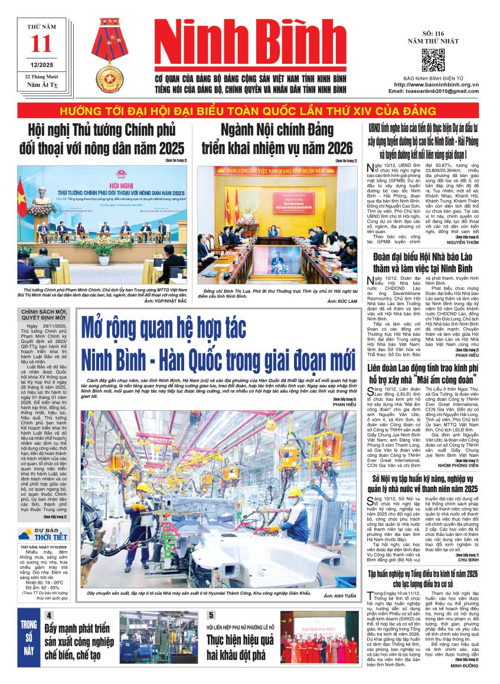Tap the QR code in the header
point(433,61)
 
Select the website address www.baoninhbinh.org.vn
point(436,85)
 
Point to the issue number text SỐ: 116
point(433,33)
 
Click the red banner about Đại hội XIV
point(251,112)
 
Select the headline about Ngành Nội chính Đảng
point(276,138)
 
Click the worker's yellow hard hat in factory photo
point(143,488)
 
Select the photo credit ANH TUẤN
point(339,596)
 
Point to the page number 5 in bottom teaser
point(211,614)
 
